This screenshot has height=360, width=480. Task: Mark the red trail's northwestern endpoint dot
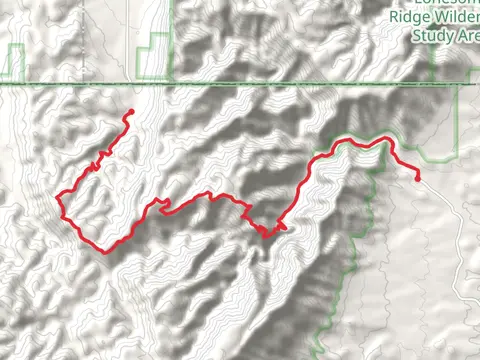pyautogui.click(x=130, y=112)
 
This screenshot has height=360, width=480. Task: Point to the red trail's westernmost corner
pyautogui.click(x=58, y=194)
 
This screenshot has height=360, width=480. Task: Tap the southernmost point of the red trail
pyautogui.click(x=105, y=251)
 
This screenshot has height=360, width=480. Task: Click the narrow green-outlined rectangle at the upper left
pyautogui.click(x=13, y=63)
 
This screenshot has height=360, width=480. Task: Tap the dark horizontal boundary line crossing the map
pyautogui.click(x=240, y=84)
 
